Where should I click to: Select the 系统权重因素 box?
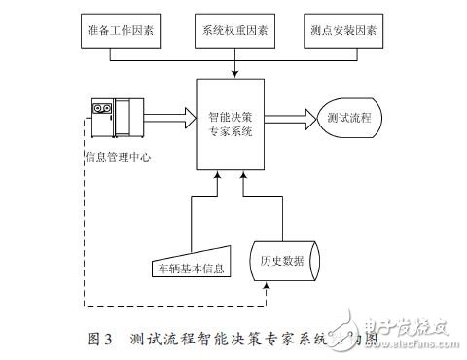233,31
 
